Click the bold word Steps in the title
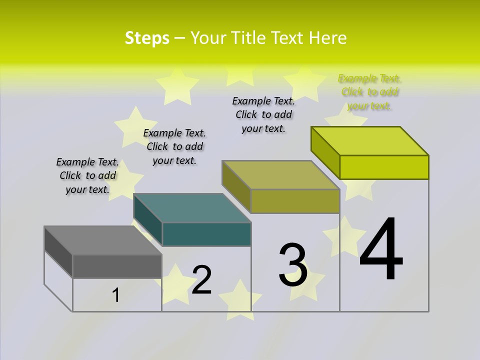pyautogui.click(x=147, y=38)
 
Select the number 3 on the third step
pyautogui.click(x=293, y=265)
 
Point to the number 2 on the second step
pyautogui.click(x=202, y=280)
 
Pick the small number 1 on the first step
pyautogui.click(x=116, y=295)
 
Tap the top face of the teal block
pyautogui.click(x=192, y=207)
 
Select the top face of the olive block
pyautogui.click(x=281, y=175)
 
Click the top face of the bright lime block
pyautogui.click(x=370, y=141)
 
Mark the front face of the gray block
pyautogui.click(x=117, y=266)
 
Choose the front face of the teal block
pyautogui.click(x=206, y=234)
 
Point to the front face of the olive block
pyautogui.click(x=295, y=201)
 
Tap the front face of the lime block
pyautogui.click(x=384, y=167)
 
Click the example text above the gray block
pyautogui.click(x=87, y=176)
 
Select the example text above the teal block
pyautogui.click(x=174, y=147)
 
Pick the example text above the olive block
pyautogui.click(x=263, y=115)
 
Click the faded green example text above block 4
pyautogui.click(x=369, y=92)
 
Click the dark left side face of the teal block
pyautogui.click(x=148, y=220)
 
